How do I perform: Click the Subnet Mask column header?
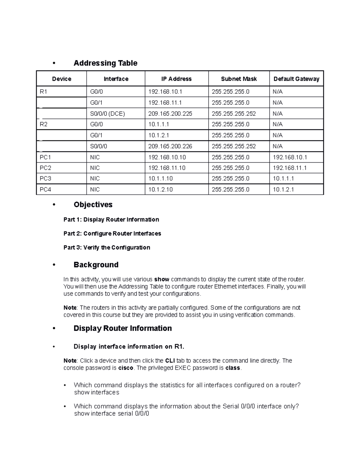point(239,79)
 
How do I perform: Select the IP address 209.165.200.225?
point(170,114)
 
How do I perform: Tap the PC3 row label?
point(46,179)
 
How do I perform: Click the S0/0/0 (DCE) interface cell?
point(107,114)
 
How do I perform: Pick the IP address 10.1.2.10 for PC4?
point(160,190)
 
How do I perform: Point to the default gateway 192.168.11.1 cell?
point(289,168)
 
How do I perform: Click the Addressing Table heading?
point(105,63)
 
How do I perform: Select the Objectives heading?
point(93,205)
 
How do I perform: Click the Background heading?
point(96,265)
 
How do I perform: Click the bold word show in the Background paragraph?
point(162,279)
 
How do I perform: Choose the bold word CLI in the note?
point(170,361)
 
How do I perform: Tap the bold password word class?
point(232,368)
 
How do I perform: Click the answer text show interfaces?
point(97,392)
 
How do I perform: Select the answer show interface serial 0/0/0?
point(112,413)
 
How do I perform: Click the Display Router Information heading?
point(122,328)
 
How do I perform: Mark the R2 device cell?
point(44,124)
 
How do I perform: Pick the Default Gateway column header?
point(296,79)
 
